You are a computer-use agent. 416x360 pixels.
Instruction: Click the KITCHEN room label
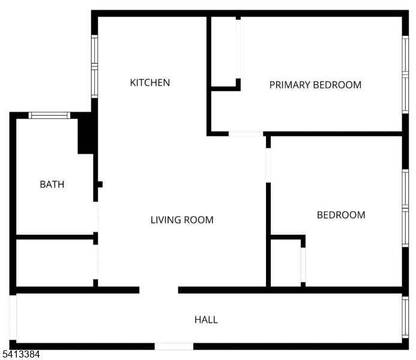(x=150, y=83)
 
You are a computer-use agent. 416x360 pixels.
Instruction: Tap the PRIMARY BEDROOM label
(x=315, y=85)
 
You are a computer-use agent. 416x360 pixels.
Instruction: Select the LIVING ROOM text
(x=182, y=220)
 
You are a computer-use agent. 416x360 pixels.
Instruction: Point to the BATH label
(x=52, y=185)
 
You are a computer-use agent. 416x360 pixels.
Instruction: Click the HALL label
(x=206, y=320)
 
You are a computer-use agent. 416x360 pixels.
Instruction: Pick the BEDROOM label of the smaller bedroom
(x=341, y=215)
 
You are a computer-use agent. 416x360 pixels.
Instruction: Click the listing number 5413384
(x=21, y=354)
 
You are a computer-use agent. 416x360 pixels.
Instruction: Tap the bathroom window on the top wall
(x=49, y=115)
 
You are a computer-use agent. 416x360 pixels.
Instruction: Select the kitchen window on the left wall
(x=94, y=67)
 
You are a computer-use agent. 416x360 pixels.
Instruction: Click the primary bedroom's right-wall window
(x=405, y=74)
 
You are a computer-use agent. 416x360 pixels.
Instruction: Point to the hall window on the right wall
(x=405, y=317)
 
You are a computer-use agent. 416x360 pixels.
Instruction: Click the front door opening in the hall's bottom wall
(x=174, y=346)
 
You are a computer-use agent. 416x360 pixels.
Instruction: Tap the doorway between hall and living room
(x=158, y=290)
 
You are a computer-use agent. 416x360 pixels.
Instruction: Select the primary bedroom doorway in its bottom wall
(x=246, y=134)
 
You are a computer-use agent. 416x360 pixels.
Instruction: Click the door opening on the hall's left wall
(x=13, y=317)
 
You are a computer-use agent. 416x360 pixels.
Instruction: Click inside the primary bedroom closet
(x=223, y=52)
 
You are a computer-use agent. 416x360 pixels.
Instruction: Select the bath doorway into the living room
(x=95, y=217)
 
